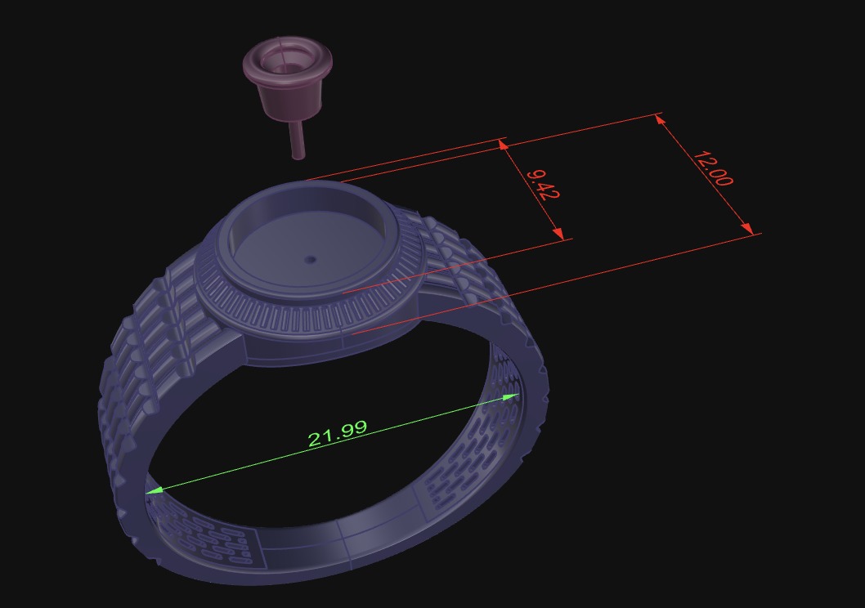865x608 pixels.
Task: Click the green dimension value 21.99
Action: pos(338,433)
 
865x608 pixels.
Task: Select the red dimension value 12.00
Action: pos(712,168)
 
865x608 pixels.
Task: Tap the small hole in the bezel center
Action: pos(310,260)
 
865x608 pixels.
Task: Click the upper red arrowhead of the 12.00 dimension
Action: pos(661,121)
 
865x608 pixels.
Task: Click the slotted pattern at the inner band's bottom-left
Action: pos(204,539)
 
